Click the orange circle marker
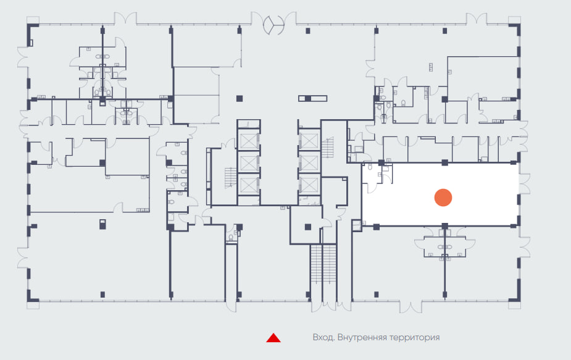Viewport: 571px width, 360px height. [x=443, y=198]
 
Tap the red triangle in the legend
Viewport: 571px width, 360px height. [x=273, y=338]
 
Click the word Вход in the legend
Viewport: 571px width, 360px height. [x=323, y=337]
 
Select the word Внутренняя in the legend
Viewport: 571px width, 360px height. [x=362, y=337]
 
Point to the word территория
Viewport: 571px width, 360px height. [x=414, y=338]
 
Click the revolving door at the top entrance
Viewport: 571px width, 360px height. [x=273, y=25]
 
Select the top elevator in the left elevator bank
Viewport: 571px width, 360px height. [x=249, y=140]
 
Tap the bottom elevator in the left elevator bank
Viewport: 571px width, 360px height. [x=249, y=184]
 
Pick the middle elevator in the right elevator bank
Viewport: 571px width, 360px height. [x=309, y=162]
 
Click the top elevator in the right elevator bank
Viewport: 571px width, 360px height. [x=309, y=140]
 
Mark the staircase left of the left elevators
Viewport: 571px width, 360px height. [x=230, y=177]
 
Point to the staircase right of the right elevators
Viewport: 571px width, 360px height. [x=327, y=147]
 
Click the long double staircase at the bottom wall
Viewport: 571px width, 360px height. [x=323, y=264]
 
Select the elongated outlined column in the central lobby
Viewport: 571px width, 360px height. [x=312, y=98]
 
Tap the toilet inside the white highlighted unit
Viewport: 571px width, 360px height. [x=370, y=167]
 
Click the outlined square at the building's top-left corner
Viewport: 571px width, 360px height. [x=33, y=20]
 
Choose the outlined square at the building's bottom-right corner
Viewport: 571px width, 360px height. [x=514, y=305]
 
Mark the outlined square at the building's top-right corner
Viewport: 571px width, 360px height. [x=514, y=20]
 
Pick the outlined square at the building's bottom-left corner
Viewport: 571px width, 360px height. [x=33, y=305]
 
